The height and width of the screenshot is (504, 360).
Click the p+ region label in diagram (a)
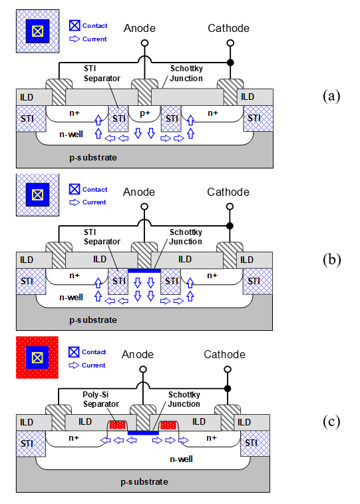145,113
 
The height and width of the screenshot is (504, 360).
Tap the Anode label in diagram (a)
139,28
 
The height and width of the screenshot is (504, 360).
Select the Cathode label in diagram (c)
224,354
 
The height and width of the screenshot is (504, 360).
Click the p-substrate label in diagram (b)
93,320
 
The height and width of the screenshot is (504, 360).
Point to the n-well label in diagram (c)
181,459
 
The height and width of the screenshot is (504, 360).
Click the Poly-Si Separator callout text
101,399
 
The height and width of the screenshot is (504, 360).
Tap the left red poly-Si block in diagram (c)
117,425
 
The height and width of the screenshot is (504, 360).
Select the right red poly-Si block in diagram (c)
168,425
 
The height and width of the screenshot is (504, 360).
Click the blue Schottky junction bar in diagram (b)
144,271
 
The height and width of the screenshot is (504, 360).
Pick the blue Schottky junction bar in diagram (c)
143,433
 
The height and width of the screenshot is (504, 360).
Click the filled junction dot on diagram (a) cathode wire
230,63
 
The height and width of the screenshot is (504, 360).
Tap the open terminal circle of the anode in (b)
144,206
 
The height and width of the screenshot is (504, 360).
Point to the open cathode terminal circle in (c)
228,370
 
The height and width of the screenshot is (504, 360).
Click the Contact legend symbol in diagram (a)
75,25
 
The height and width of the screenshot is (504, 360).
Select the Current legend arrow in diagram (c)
74,365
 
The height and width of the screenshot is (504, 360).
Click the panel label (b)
331,260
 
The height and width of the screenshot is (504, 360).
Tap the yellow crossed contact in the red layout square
37,358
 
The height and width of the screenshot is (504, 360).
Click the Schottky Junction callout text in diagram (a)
186,73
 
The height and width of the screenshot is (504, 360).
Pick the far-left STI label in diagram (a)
27,119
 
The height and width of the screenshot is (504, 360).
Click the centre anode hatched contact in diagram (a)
145,93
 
